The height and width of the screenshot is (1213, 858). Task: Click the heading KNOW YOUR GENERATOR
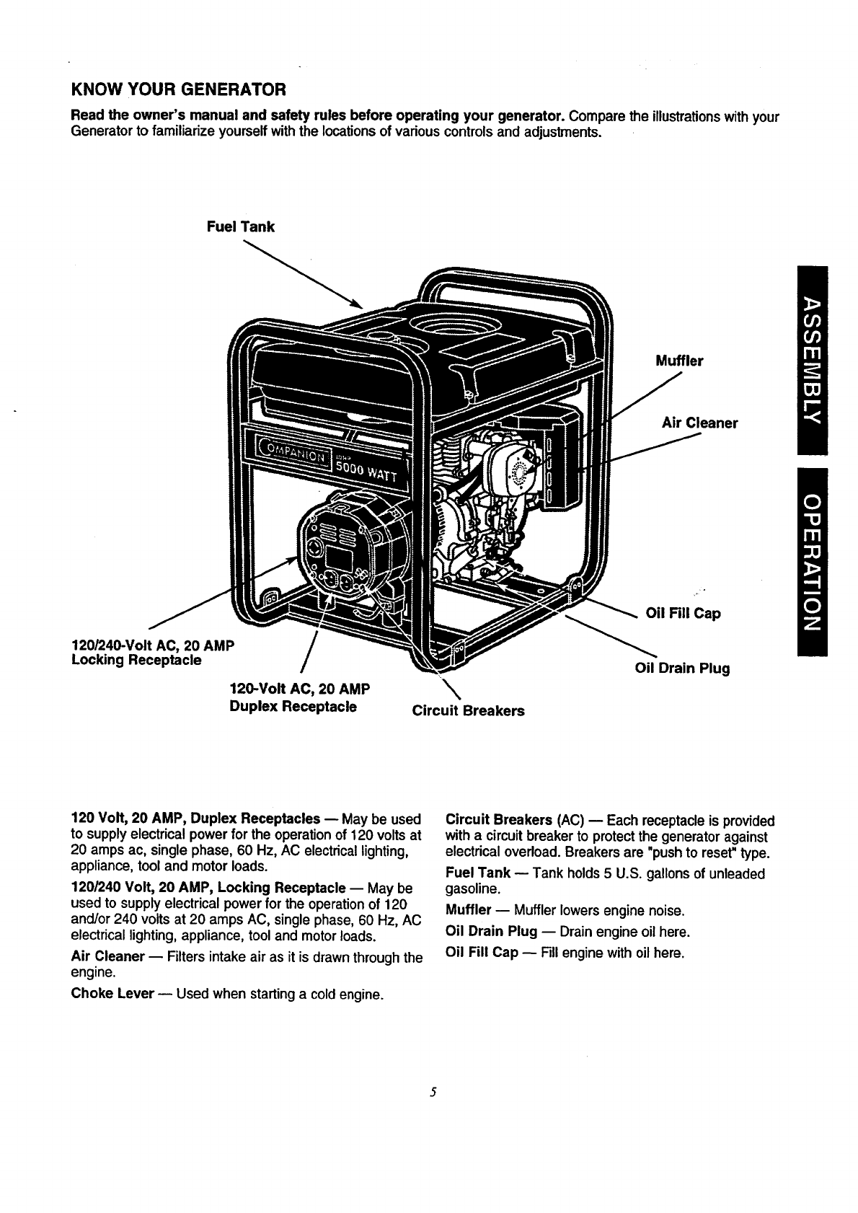click(x=179, y=90)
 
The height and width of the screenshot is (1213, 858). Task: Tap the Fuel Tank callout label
click(x=240, y=227)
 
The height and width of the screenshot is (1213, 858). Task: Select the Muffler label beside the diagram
click(x=678, y=361)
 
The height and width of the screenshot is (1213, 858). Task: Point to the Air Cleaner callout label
click(x=699, y=423)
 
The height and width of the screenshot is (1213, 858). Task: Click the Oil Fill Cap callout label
click(x=682, y=614)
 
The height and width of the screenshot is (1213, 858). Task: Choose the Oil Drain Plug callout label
click(x=681, y=668)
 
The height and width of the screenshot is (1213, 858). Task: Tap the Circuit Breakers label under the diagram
click(x=468, y=711)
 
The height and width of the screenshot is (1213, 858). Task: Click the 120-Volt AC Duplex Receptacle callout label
click(x=299, y=697)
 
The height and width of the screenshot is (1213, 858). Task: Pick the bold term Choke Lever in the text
click(x=112, y=994)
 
